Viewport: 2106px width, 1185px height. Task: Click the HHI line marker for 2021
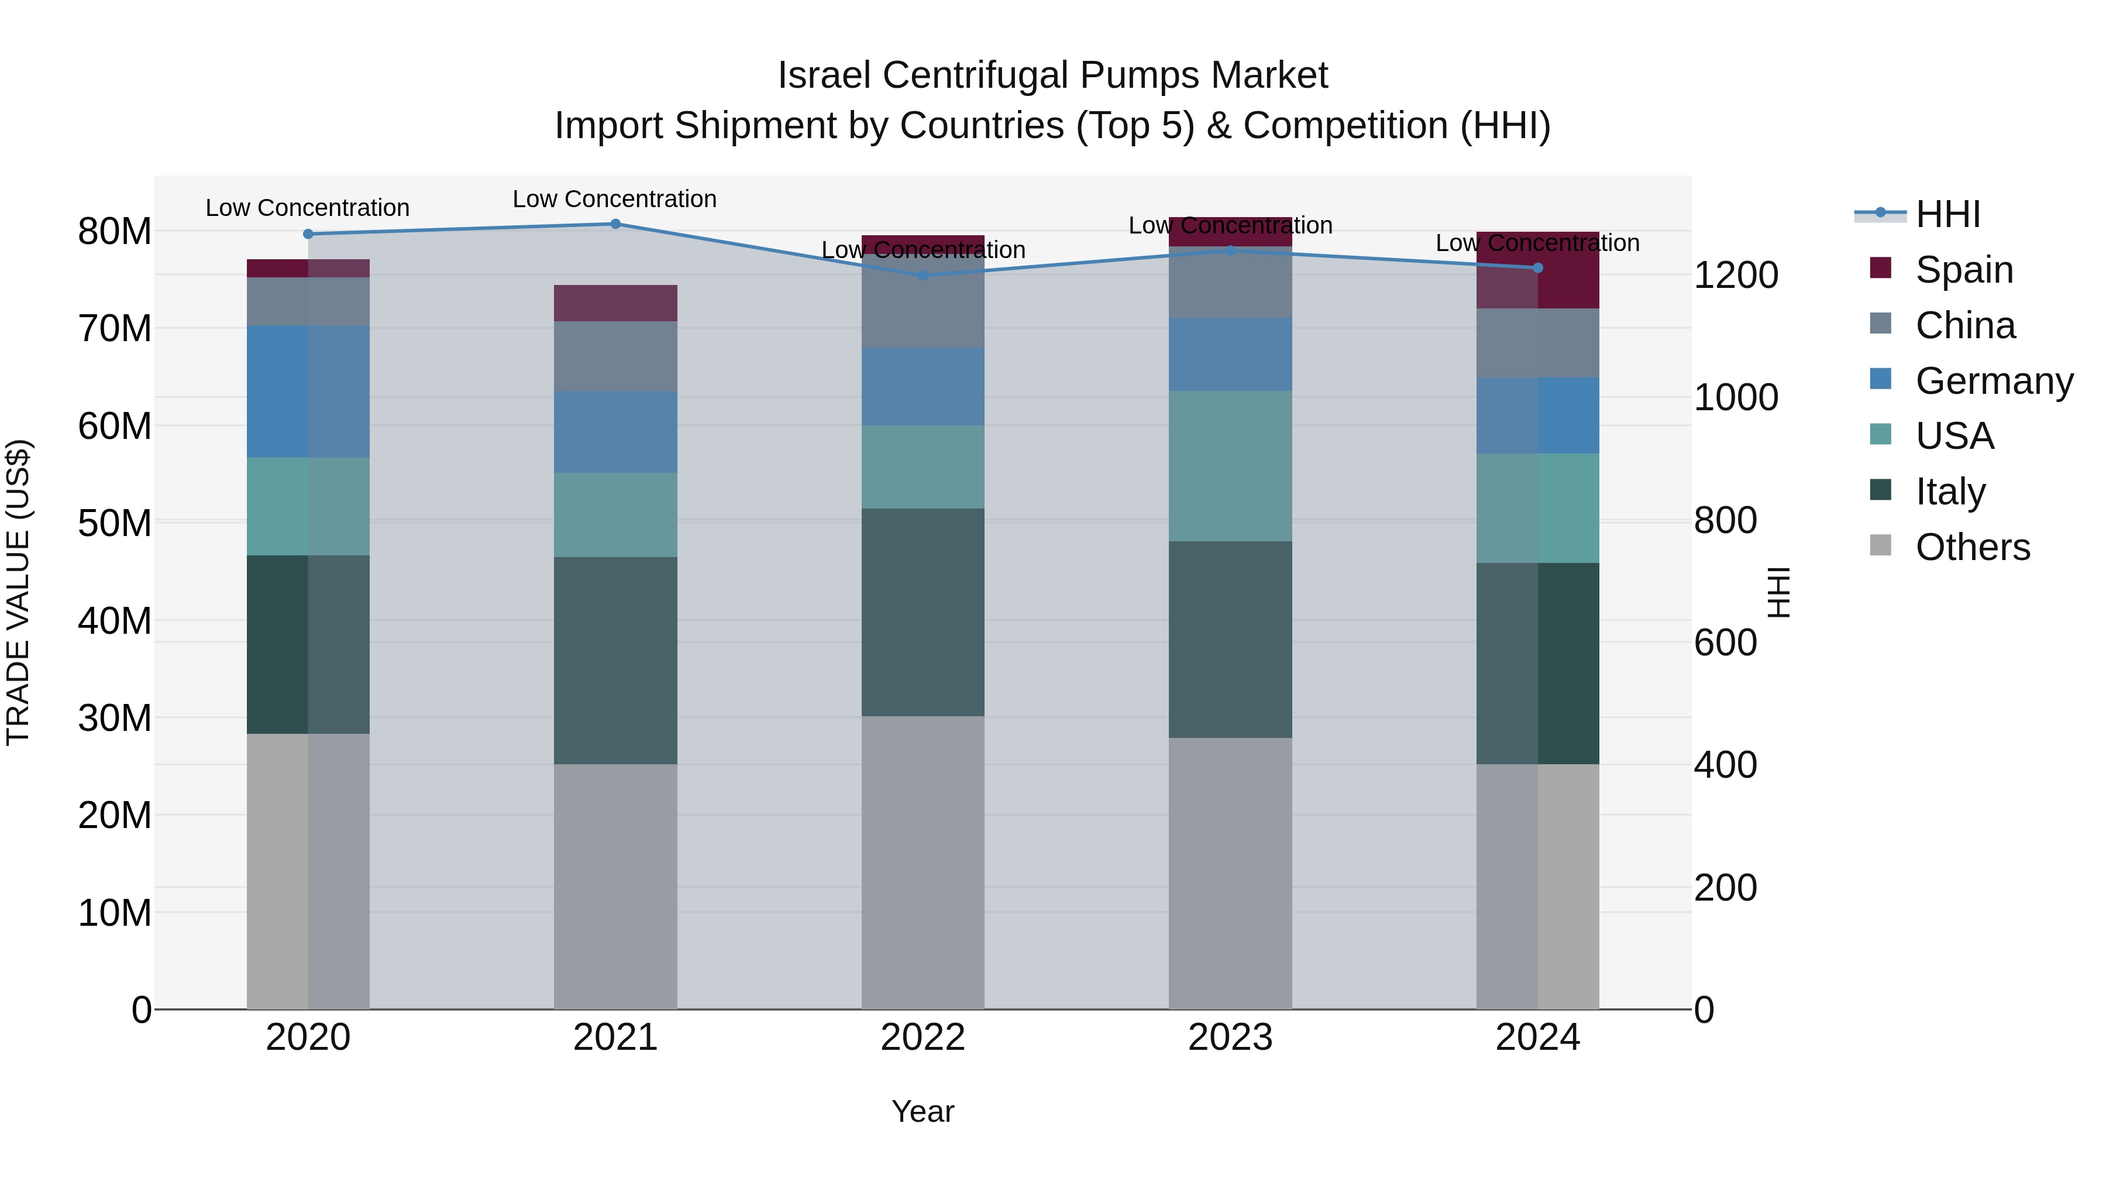tap(615, 224)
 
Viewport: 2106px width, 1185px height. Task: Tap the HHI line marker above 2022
tap(923, 276)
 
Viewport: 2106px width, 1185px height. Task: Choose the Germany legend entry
tap(1993, 381)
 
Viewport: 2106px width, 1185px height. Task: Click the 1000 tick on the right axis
tap(1735, 397)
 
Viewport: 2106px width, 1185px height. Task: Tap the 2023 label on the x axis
tap(1230, 1038)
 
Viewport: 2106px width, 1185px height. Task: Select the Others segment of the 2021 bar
tap(615, 887)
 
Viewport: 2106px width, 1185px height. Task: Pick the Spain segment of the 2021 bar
tap(615, 303)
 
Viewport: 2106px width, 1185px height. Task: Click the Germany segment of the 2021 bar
tap(615, 432)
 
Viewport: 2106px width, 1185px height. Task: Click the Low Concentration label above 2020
tap(307, 208)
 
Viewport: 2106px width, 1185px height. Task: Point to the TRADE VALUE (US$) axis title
tap(18, 592)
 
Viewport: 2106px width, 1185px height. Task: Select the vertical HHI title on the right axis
tap(1778, 592)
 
